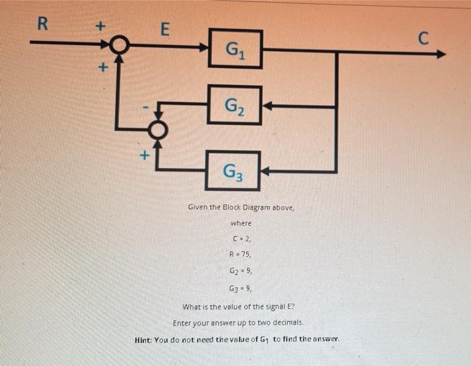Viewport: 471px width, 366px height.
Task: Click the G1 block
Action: pyautogui.click(x=235, y=49)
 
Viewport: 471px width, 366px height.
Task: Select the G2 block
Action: pyautogui.click(x=235, y=105)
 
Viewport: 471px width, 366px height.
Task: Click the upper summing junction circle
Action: pyautogui.click(x=119, y=45)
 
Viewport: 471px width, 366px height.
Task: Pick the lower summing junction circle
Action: pyautogui.click(x=157, y=129)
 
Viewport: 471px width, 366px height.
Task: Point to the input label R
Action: pyautogui.click(x=42, y=26)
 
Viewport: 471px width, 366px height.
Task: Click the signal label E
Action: pyautogui.click(x=165, y=30)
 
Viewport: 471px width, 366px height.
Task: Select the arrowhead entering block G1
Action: pyautogui.click(x=204, y=47)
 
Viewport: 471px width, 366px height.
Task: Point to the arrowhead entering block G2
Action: pyautogui.click(x=266, y=106)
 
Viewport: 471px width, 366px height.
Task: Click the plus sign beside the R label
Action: pyautogui.click(x=100, y=26)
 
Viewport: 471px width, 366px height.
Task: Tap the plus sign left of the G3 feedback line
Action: pyautogui.click(x=143, y=156)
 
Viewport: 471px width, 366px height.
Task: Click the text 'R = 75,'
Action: pyautogui.click(x=241, y=254)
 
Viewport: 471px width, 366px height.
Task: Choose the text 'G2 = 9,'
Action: pyautogui.click(x=241, y=270)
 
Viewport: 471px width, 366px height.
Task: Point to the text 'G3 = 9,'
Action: pyautogui.click(x=241, y=286)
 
